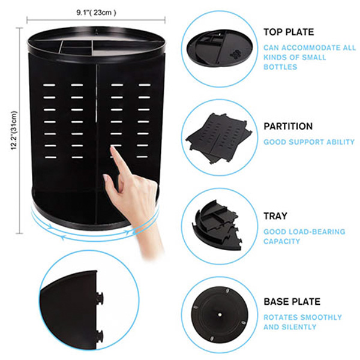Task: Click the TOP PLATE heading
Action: tap(289, 32)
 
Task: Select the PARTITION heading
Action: tap(288, 126)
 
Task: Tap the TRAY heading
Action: tap(275, 216)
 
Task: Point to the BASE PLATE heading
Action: tap(292, 301)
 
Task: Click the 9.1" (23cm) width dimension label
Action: tap(96, 13)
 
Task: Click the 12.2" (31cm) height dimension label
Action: tap(14, 130)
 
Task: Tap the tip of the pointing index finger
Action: tap(112, 148)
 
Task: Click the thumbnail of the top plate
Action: tap(220, 48)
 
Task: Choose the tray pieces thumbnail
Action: tap(217, 226)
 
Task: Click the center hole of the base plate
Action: tap(220, 315)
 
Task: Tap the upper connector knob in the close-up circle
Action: tap(100, 298)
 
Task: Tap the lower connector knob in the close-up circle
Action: tap(100, 336)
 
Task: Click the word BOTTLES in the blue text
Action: tap(280, 67)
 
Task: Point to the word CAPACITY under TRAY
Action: tap(282, 241)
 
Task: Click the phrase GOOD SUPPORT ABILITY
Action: tap(309, 142)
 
